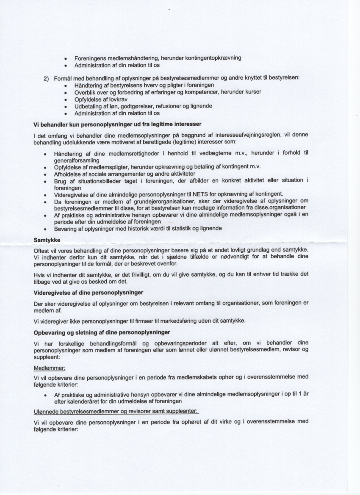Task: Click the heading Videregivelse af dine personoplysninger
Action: coord(89,293)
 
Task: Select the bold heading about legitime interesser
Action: coord(117,124)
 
